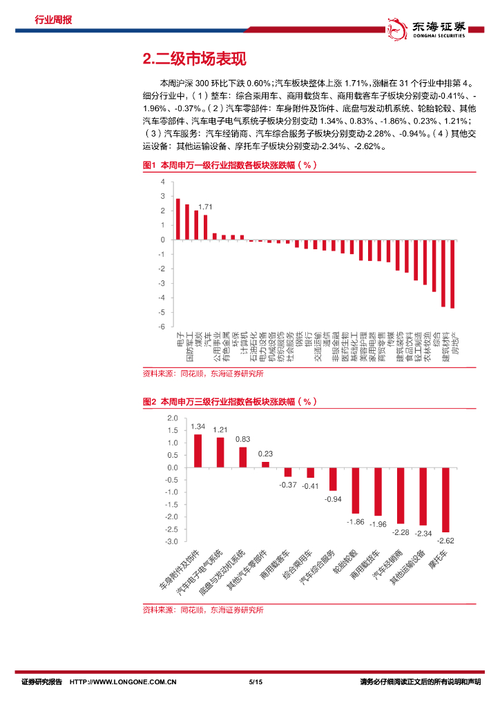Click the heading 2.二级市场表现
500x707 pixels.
193,59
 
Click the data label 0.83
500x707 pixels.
242,439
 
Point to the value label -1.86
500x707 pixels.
356,521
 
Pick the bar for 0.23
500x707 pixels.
265,464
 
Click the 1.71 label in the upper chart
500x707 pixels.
204,207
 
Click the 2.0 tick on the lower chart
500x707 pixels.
173,418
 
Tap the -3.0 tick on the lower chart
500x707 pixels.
172,541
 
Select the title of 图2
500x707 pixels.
229,401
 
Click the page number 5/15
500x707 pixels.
256,682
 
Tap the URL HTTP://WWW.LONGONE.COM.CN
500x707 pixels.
124,682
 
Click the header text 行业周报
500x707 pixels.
53,19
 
